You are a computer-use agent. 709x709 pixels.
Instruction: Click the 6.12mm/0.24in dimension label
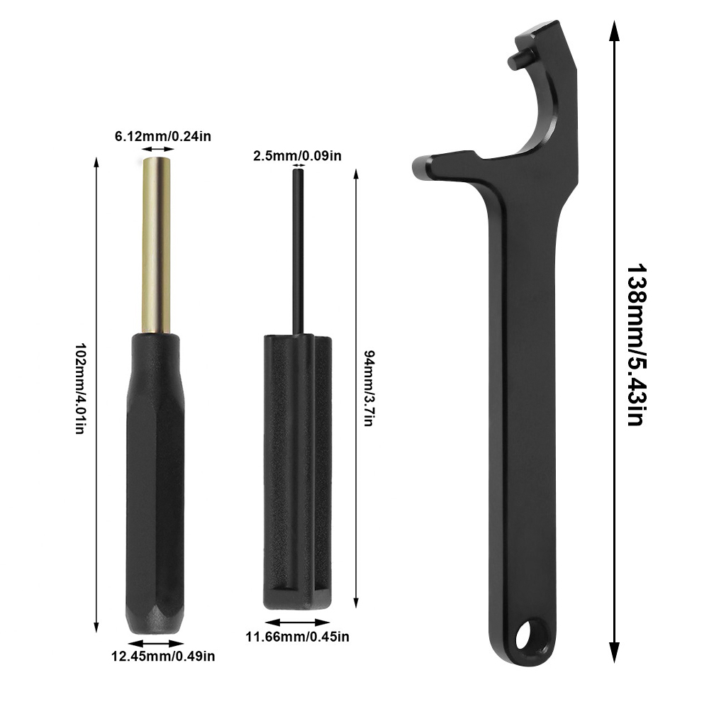tap(163, 136)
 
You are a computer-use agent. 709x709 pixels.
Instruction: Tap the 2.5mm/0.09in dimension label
tap(297, 156)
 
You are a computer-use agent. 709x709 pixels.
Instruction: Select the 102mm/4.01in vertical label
tap(79, 389)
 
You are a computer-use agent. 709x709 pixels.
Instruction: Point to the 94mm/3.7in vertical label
tap(368, 388)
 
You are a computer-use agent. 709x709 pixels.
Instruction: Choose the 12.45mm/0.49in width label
tap(163, 656)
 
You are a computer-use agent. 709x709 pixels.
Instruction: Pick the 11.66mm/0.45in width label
tap(298, 637)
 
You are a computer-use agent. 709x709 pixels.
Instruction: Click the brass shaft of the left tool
tap(156, 245)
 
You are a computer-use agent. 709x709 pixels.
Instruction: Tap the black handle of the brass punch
tap(155, 483)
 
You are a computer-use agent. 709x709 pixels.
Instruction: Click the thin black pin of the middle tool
tap(298, 252)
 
